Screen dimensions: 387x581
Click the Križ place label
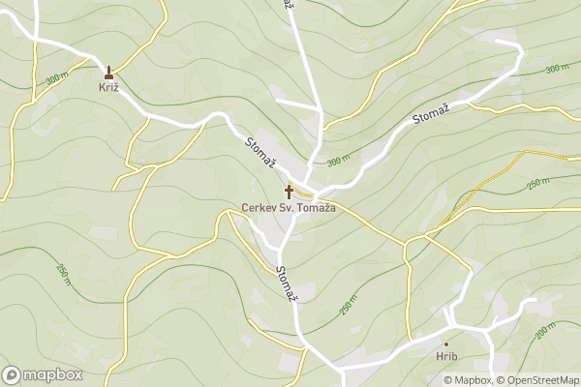(107, 87)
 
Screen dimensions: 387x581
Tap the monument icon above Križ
(107, 72)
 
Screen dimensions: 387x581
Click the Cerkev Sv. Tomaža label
(288, 207)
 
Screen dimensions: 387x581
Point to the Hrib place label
(446, 357)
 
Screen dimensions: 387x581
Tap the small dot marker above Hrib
(446, 343)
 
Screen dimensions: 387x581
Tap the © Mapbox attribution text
(469, 379)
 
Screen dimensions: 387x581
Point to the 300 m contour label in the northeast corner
(557, 69)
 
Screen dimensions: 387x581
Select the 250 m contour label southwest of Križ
(63, 275)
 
